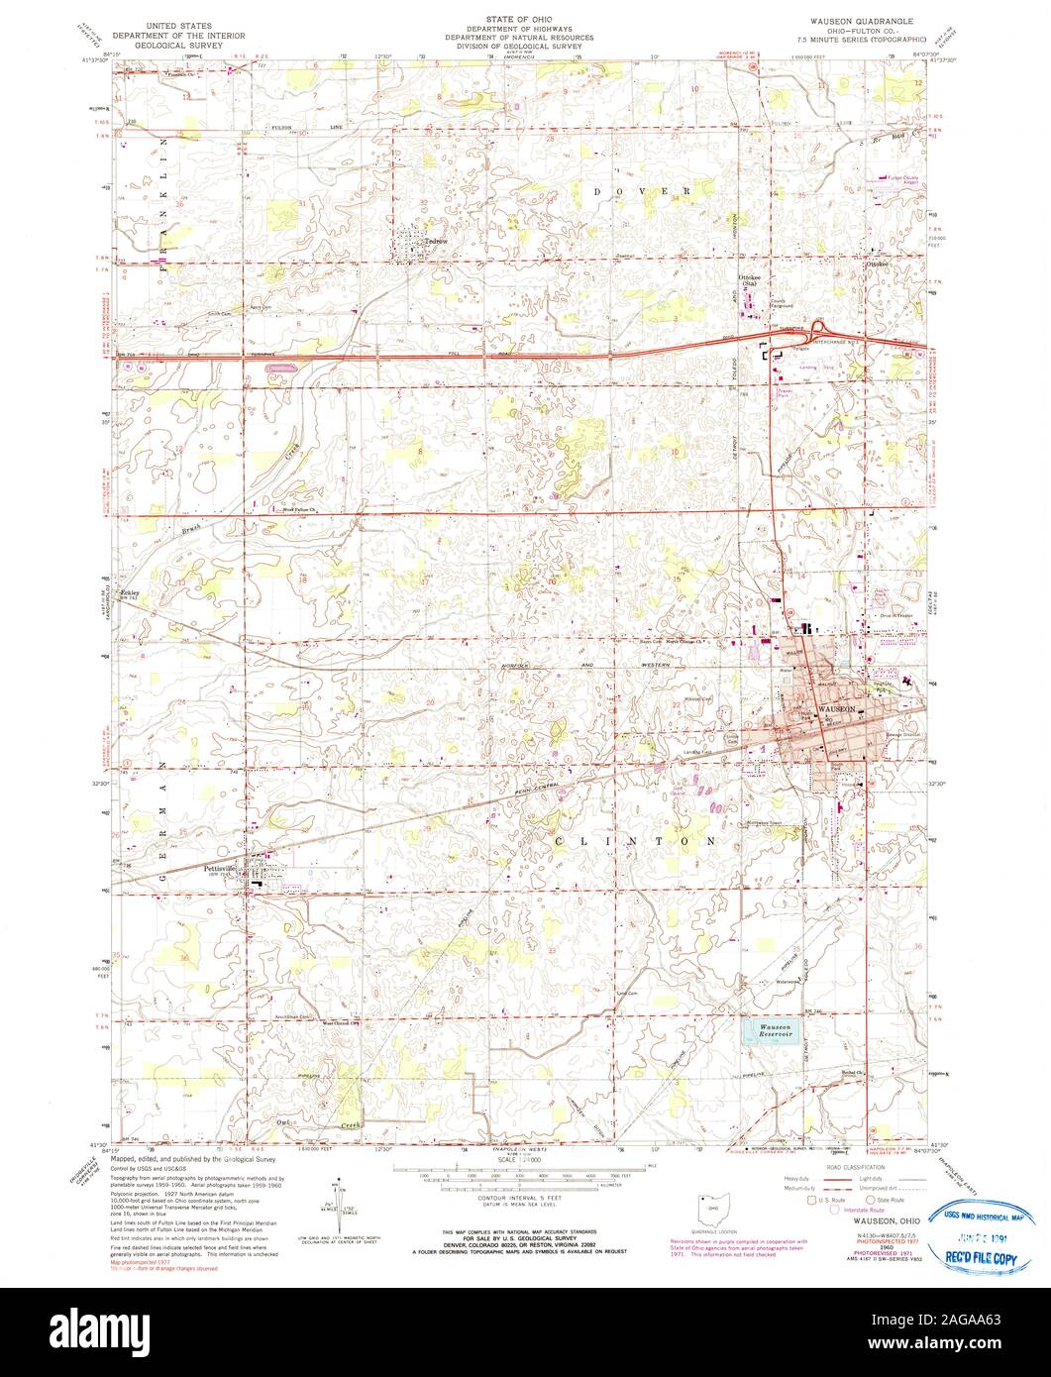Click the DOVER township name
(643, 189)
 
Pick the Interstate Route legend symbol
(835, 1209)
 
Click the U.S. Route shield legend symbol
(811, 1199)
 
